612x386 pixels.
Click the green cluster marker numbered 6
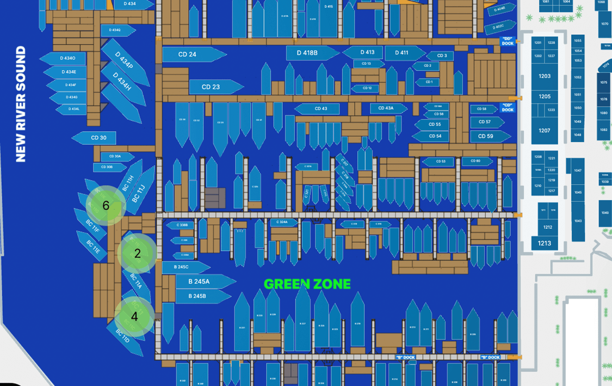coord(106,205)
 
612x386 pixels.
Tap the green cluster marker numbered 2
coord(137,253)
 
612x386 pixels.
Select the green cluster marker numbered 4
coord(134,316)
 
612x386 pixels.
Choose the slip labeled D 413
coord(367,52)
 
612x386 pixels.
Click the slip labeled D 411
coord(403,53)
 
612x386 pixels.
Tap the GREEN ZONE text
coord(307,284)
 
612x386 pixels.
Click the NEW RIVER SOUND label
coord(21,104)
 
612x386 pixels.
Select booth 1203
coord(545,76)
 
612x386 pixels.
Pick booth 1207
coord(545,131)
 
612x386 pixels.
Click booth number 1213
coord(545,243)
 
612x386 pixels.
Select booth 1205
coord(545,96)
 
